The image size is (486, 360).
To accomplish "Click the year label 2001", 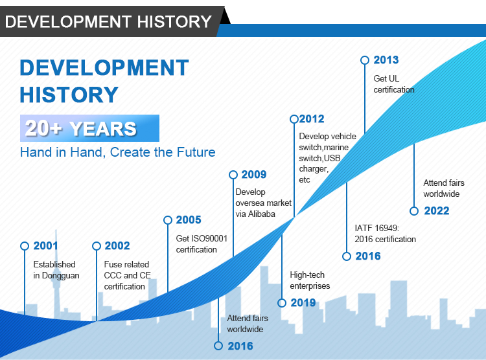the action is (x=45, y=245).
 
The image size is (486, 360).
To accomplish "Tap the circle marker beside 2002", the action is (x=97, y=246).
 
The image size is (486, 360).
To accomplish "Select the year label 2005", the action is (x=189, y=219).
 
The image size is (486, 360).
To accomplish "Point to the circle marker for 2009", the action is (x=233, y=175).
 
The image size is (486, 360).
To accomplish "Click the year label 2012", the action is (x=312, y=118).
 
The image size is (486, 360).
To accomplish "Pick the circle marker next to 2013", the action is (x=365, y=60).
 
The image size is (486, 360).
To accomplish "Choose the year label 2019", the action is (x=303, y=302).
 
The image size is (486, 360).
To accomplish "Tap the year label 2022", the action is (x=436, y=210).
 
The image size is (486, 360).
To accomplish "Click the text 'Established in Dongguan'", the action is (x=56, y=270).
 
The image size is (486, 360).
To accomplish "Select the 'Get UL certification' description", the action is (x=394, y=84).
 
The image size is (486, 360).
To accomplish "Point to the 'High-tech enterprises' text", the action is (x=310, y=280).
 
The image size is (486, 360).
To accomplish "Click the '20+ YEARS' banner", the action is (x=89, y=128).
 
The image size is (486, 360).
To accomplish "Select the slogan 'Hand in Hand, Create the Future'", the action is (x=118, y=152).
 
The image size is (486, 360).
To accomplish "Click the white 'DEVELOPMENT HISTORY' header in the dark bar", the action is (x=108, y=21).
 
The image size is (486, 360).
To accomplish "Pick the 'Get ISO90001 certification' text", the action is (x=202, y=244).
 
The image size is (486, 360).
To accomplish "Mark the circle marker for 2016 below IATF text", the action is (x=347, y=256).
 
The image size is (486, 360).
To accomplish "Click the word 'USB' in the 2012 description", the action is (x=332, y=158).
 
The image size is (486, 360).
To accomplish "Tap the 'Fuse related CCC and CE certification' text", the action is (x=128, y=275).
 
